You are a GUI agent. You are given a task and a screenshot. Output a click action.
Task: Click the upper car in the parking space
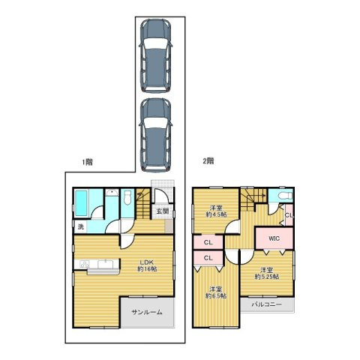point(156,56)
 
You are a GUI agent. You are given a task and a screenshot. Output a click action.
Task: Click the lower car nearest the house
point(156,135)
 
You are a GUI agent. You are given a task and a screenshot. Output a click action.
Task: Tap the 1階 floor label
point(88,162)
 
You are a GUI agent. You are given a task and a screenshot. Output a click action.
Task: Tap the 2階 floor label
point(208,161)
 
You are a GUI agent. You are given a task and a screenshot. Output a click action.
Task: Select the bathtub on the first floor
point(81,203)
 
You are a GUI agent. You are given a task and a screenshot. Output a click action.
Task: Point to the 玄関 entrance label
point(163,211)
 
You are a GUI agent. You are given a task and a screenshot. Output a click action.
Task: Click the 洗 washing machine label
point(81,227)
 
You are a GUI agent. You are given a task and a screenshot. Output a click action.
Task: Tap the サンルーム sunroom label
point(147,312)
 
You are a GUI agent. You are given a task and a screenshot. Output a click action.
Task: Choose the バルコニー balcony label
point(267,304)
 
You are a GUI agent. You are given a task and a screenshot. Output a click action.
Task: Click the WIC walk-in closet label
point(274,238)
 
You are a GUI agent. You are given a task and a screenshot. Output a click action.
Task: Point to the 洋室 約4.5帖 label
point(217,211)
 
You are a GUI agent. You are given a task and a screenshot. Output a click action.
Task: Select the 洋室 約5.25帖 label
point(267,273)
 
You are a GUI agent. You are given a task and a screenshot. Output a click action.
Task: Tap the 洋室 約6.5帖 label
point(216,292)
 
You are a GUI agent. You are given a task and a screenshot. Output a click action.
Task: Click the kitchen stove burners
point(85,264)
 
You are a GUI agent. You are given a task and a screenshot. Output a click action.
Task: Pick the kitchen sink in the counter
point(106,264)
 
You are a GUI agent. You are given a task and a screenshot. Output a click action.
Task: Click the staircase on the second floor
point(253,199)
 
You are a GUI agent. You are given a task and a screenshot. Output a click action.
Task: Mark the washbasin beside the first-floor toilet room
point(112,193)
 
